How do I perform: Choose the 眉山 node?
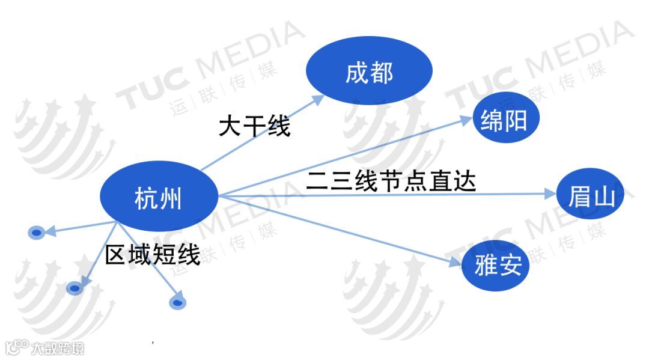tap(591, 195)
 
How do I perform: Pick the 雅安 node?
tap(497, 265)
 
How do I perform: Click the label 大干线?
tap(254, 126)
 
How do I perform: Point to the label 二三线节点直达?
tap(391, 180)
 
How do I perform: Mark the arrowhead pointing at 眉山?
tap(550, 194)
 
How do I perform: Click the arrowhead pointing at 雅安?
tap(456, 261)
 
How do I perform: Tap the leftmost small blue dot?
tap(37, 232)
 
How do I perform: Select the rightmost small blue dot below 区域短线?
tap(177, 302)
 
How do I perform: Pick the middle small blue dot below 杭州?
tap(75, 289)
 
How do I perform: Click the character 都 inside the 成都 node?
tap(382, 73)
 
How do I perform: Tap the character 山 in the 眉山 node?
tap(603, 196)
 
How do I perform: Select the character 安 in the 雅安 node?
tap(510, 266)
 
